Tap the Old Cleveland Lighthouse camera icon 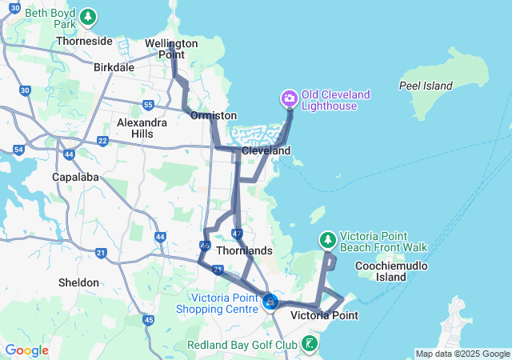tap(289, 99)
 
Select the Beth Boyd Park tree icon tap(88, 17)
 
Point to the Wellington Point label tap(171, 49)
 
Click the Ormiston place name tap(214, 116)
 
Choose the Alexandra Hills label tap(142, 128)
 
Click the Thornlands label tap(245, 250)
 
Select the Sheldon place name tap(79, 282)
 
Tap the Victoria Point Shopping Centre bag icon tap(270, 302)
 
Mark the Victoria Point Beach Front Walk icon tap(327, 239)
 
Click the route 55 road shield tap(148, 105)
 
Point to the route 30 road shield tap(25, 91)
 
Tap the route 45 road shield tap(148, 321)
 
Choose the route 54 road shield tap(18, 150)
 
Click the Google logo tap(26, 350)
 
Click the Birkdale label tap(114, 68)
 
